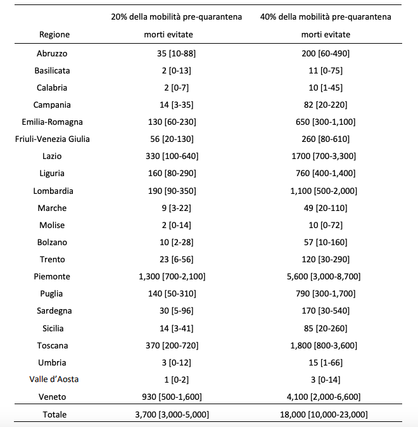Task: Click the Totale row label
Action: pos(54,414)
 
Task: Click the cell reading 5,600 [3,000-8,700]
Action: pos(327,276)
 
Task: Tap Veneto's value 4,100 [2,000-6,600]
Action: pos(327,397)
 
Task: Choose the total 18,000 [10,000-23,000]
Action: pos(327,414)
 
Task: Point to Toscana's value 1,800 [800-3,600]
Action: pos(327,345)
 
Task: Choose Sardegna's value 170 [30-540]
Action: pos(327,311)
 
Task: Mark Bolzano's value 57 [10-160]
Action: pos(327,242)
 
